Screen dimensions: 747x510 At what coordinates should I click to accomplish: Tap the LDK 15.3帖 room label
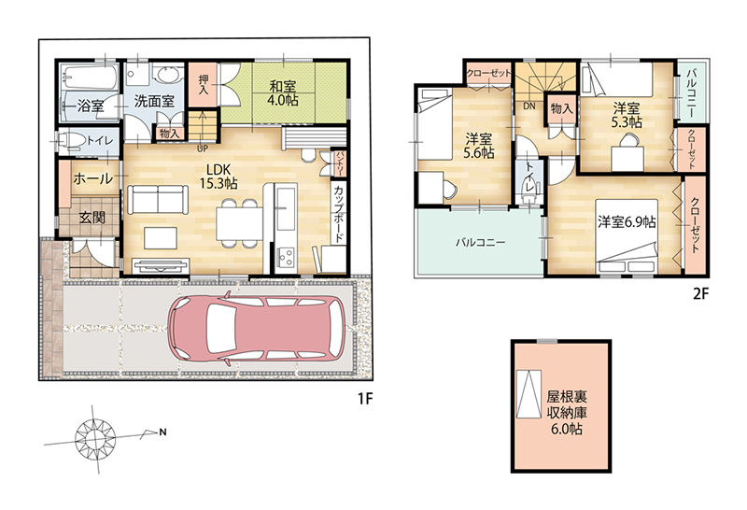(218, 176)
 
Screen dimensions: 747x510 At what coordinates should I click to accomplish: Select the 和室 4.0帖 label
(283, 93)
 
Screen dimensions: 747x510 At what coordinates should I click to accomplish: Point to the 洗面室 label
(154, 101)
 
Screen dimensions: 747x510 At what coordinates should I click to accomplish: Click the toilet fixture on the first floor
(71, 141)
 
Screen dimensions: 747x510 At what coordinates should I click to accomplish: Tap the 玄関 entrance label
(92, 218)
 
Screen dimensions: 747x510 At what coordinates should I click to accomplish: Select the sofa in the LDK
(155, 200)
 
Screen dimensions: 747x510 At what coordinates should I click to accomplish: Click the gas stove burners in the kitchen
(287, 259)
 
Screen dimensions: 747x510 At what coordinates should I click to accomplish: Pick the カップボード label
(339, 215)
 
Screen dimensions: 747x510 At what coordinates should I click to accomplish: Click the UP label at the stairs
(203, 149)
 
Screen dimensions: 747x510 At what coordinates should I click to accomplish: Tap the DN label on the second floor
(529, 106)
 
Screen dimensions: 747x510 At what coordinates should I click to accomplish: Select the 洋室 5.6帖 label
(479, 146)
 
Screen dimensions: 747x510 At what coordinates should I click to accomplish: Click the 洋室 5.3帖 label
(627, 115)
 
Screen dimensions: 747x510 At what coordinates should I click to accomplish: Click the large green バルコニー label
(480, 242)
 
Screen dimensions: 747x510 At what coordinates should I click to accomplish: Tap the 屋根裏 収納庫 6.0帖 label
(567, 412)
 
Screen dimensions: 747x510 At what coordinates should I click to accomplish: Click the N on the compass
(162, 432)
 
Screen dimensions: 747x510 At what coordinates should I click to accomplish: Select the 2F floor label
(701, 294)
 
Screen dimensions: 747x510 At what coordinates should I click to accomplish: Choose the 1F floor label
(364, 399)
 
